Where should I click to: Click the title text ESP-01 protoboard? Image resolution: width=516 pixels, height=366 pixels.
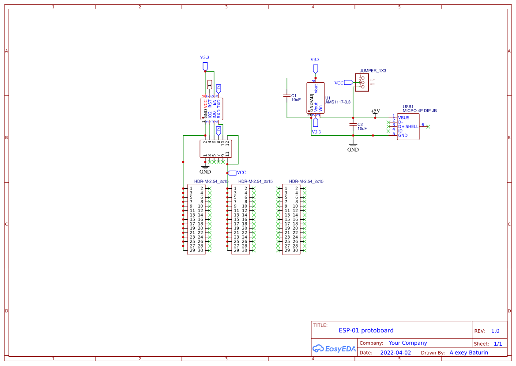point(366,330)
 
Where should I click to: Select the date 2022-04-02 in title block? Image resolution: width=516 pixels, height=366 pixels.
point(395,353)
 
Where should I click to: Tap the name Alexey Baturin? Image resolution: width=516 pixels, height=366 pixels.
point(468,353)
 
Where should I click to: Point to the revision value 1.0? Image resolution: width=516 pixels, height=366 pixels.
point(495,331)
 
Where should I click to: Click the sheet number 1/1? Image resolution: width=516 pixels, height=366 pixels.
point(497,343)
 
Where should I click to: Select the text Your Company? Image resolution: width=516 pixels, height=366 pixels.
point(407,343)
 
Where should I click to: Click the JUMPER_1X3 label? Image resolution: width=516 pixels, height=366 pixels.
point(373,71)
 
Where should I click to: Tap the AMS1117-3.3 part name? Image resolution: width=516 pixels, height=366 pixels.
point(338,102)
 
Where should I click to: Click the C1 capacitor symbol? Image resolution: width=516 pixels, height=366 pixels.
point(287,95)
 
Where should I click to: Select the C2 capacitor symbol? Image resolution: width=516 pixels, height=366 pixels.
point(353,125)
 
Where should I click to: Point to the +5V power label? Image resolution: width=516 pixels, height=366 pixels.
point(375,111)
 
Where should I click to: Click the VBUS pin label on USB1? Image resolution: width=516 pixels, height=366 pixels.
point(403,118)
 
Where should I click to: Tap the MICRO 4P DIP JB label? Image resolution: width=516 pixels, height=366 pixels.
point(419,111)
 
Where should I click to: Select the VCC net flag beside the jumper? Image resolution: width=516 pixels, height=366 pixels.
point(348,83)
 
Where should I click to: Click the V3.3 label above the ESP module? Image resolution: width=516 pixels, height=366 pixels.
point(204,57)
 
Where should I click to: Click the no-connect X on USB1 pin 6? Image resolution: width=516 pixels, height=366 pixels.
point(428,126)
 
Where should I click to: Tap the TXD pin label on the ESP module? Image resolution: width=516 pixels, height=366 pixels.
point(218,103)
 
